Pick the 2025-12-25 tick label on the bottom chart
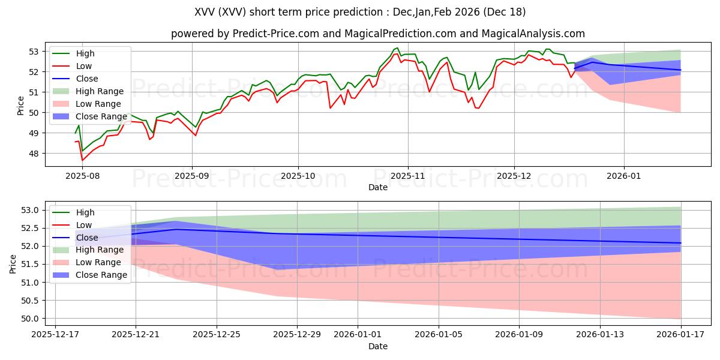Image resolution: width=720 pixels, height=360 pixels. [x=217, y=334]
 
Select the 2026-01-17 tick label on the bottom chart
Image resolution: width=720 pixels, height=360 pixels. [x=681, y=334]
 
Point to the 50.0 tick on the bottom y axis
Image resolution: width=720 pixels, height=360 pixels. [x=31, y=319]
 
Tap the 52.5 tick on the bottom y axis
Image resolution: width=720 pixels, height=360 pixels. [x=31, y=228]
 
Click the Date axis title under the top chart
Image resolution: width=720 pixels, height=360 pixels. [x=378, y=187]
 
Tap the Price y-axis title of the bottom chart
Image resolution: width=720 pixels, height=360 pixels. [x=13, y=263]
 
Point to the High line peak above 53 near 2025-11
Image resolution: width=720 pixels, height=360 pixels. [x=397, y=48]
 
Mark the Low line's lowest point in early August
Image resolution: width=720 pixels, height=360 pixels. [x=82, y=160]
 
